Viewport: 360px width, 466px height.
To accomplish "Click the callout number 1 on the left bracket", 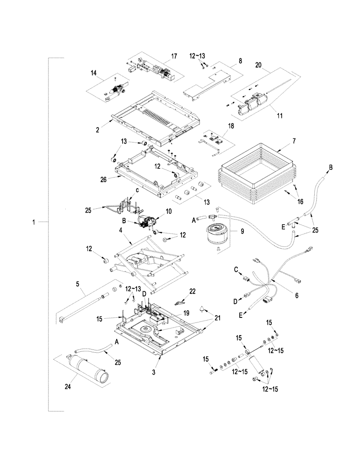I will coord(34,223).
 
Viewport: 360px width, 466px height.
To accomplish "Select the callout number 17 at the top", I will coord(174,56).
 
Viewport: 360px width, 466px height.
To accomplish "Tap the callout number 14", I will coord(93,73).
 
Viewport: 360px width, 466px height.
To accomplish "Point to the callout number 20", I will coord(258,66).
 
